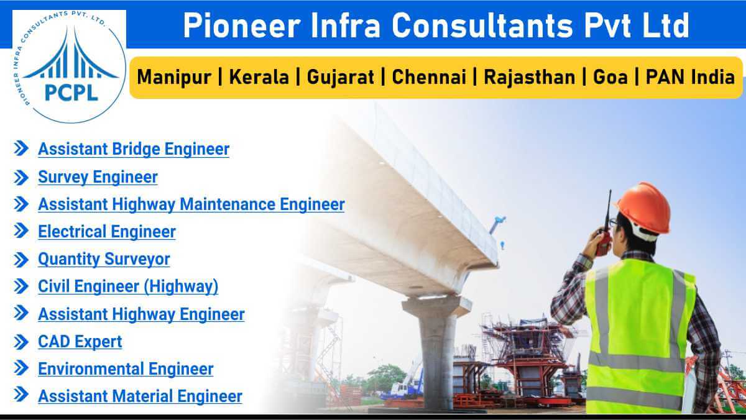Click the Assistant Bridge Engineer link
coord(133,150)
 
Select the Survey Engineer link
coord(98,177)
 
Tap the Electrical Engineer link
coord(106,232)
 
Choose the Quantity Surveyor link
coord(104,259)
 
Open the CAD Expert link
coord(80,342)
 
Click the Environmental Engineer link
coord(125,369)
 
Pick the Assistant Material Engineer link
coord(139,396)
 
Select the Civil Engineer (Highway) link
coord(127,286)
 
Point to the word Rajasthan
coord(529,78)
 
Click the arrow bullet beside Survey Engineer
coord(21,177)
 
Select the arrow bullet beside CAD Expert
coord(21,342)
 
